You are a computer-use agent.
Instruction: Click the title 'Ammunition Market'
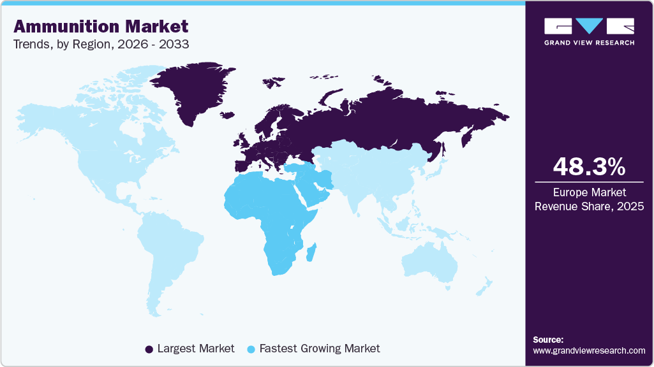click(101, 26)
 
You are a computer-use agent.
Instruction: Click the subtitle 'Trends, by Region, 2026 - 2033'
click(101, 45)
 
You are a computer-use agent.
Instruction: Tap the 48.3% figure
click(589, 167)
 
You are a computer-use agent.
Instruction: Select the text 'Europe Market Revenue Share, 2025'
click(589, 199)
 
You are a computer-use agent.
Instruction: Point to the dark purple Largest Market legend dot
click(149, 349)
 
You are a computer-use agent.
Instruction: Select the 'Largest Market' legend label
click(196, 349)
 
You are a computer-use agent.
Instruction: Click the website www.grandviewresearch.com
click(589, 350)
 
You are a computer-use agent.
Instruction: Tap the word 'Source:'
click(547, 340)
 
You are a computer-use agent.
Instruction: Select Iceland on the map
click(227, 115)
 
